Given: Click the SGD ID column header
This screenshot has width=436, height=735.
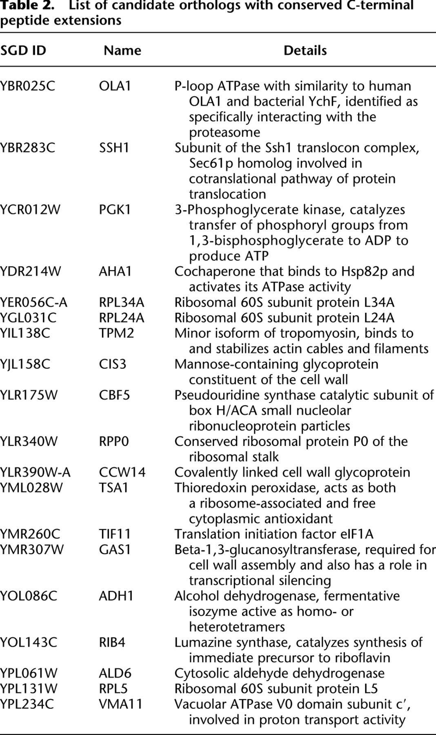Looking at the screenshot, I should click(23, 51).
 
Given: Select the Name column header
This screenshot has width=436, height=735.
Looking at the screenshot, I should click(122, 51).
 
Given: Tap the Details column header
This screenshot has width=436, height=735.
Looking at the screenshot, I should click(305, 51).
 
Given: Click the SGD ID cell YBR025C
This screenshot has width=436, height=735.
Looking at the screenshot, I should click(27, 86).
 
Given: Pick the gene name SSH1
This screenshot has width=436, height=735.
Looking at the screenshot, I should click(114, 148).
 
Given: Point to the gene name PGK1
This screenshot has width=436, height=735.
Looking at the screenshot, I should click(115, 210).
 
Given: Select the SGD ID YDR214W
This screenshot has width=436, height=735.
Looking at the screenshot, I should click(30, 272).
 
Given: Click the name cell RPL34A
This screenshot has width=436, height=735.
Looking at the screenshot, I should click(121, 303).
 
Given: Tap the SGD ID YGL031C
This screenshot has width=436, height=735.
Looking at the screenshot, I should click(28, 318).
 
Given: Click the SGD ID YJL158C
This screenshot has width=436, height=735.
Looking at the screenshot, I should click(25, 364).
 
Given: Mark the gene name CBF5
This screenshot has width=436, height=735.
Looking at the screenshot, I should click(114, 395).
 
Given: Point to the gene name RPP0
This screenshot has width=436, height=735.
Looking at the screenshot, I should click(114, 442).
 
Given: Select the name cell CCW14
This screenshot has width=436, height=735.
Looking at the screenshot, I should click(122, 472).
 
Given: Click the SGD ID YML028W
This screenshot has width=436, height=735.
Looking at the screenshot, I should click(31, 488).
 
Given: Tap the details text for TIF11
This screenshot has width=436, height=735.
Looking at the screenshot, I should click(274, 535).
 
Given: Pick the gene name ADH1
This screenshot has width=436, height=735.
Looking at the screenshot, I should click(116, 596).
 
